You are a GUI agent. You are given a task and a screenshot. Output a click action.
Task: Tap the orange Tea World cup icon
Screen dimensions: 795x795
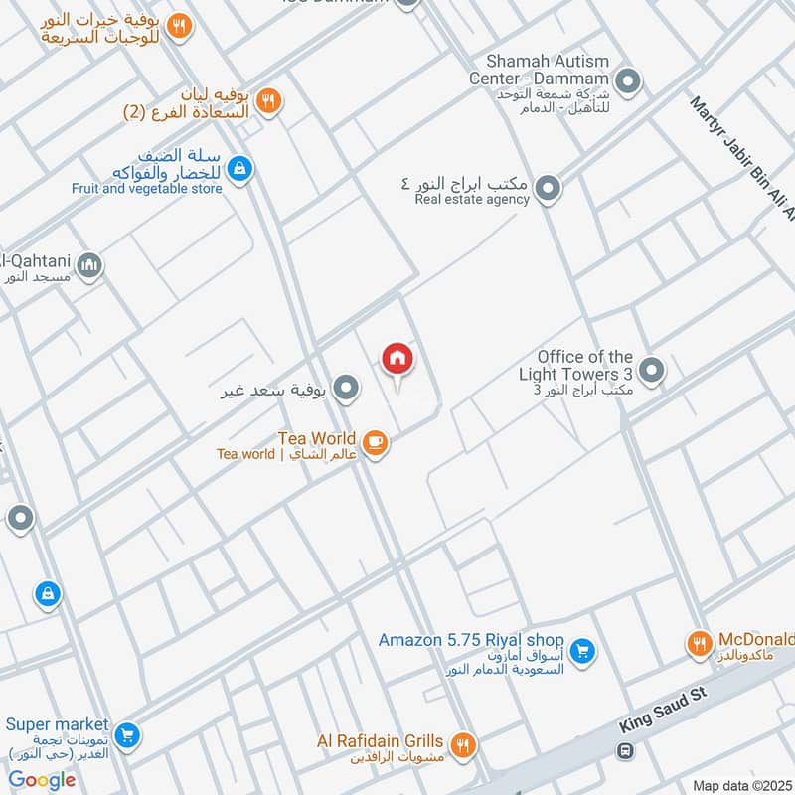pos(374,442)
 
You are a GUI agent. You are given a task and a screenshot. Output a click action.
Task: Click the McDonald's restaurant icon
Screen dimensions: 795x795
pos(700,644)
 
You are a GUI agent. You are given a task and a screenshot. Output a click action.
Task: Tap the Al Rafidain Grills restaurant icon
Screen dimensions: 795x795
pos(461,744)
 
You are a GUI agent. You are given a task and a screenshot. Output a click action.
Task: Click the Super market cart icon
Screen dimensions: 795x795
pos(126,735)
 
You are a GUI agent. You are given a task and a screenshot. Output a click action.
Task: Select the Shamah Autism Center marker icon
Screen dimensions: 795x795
pos(627,79)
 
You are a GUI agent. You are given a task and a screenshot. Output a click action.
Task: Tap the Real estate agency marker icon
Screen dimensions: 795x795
pos(547,187)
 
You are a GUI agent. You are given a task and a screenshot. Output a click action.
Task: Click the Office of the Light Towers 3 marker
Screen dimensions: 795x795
pos(652,371)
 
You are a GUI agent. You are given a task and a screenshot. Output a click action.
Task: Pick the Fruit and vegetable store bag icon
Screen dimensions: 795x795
pos(238,170)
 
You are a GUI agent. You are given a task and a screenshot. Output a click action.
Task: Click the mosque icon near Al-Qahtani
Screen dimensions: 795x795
pos(89,266)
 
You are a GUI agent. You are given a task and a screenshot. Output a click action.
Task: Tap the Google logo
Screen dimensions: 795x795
pos(42,780)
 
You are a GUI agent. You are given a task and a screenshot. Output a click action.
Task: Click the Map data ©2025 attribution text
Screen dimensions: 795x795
pos(741,785)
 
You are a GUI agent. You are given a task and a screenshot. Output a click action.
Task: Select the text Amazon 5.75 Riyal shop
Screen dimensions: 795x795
pos(471,641)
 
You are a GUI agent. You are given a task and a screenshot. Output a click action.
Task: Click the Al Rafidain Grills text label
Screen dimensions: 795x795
pos(381,741)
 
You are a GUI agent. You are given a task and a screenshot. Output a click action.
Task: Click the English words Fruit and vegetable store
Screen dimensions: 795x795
pos(147,188)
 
